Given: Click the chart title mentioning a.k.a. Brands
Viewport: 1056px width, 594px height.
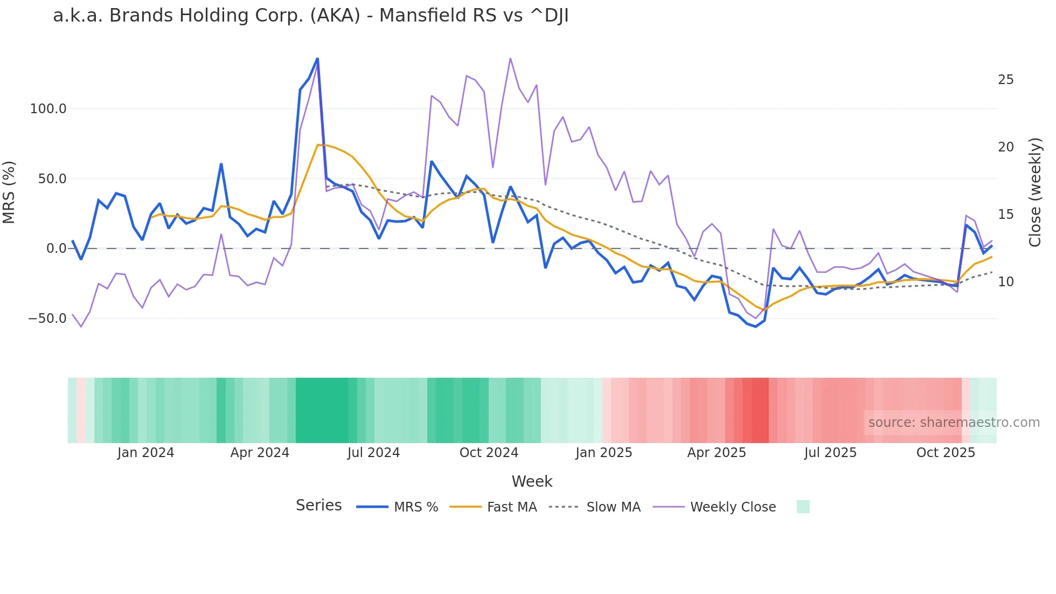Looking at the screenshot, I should click(310, 16).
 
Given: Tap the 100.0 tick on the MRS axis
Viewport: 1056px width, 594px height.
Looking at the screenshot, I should click(48, 109).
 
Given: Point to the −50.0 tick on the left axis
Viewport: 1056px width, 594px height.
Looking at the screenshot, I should click(47, 319).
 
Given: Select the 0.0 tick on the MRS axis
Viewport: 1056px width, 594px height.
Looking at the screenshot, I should click(56, 248).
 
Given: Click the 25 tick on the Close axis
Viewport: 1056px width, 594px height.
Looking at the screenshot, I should click(1005, 80).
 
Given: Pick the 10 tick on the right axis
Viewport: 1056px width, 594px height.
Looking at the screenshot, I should click(1005, 282).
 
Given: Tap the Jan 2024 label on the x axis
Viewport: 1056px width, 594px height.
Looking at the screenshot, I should click(145, 453).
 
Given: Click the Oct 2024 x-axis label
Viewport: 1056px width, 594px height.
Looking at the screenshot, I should click(489, 453).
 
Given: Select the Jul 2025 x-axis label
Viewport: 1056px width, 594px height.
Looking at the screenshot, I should click(830, 453).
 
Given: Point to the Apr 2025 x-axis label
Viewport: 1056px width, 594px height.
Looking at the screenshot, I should click(717, 453).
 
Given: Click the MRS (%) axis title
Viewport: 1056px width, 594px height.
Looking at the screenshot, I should click(9, 192).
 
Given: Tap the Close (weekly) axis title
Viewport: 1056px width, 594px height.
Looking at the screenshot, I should click(1034, 192).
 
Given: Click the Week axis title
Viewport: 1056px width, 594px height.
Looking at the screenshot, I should click(532, 481).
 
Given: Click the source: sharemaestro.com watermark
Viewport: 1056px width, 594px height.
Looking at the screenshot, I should click(954, 423).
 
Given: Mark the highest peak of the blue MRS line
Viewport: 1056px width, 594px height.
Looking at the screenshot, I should click(317, 58).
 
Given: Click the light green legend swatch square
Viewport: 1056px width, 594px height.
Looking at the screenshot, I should click(803, 507).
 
